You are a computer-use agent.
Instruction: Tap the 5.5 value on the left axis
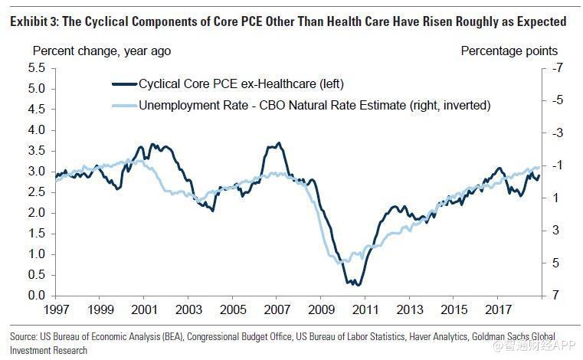(36, 68)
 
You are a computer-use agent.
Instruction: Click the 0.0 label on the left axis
(36, 296)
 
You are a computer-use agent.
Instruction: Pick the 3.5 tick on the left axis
(36, 151)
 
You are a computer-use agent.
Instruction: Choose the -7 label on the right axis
(556, 68)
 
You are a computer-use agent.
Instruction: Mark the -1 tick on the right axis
(556, 165)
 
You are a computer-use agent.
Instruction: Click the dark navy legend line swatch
(123, 83)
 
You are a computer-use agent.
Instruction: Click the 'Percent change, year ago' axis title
(101, 51)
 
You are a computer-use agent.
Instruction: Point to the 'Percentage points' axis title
(509, 51)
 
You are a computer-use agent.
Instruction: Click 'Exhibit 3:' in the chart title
(37, 21)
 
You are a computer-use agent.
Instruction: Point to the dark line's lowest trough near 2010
(353, 285)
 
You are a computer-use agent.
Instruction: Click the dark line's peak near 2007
(278, 143)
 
